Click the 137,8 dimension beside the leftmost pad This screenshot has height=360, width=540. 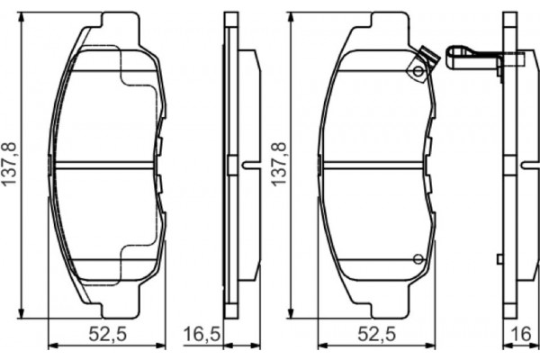coord(10,165)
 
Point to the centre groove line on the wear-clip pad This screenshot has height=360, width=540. coord(374,164)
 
